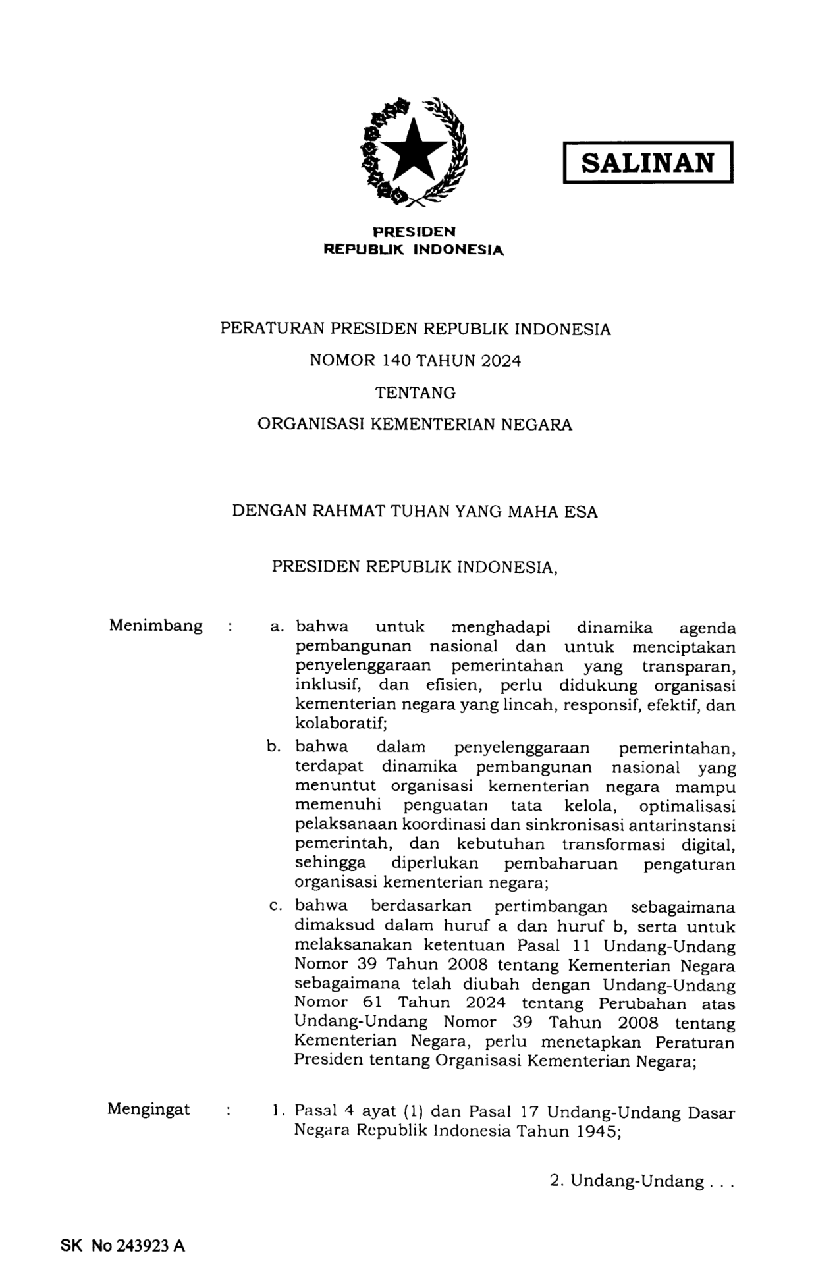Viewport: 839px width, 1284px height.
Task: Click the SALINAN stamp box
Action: (647, 162)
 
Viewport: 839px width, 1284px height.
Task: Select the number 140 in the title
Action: (396, 361)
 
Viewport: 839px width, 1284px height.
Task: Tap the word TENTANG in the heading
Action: (415, 393)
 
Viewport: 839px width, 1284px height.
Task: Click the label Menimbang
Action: (155, 626)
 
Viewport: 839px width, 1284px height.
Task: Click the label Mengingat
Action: (149, 1109)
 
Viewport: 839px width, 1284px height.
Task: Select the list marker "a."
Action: (276, 627)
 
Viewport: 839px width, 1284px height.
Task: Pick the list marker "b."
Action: (274, 747)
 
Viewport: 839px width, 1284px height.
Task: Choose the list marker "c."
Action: (275, 906)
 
